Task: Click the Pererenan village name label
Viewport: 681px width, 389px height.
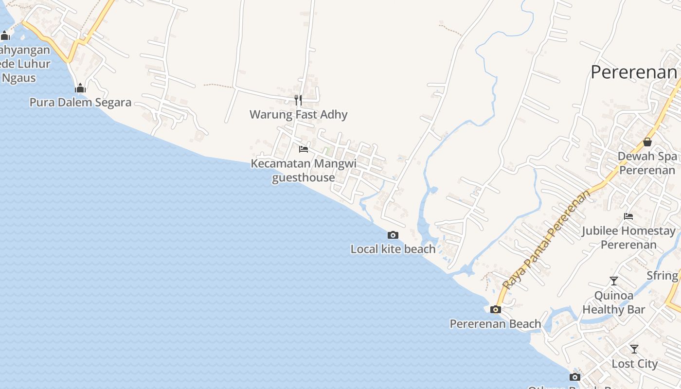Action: [x=633, y=72]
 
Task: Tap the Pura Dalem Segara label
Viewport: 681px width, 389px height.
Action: [x=80, y=103]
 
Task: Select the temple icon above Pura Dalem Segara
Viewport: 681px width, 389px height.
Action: [x=80, y=88]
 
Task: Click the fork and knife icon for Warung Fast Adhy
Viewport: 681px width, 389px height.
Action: [x=298, y=100]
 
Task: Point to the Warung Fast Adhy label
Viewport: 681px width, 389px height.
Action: [x=298, y=115]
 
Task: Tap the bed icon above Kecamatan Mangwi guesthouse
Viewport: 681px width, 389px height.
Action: [x=304, y=149]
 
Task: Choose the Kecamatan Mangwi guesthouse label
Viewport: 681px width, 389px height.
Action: [x=304, y=170]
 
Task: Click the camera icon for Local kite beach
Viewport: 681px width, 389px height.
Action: [x=393, y=235]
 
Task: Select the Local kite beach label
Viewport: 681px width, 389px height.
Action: [x=393, y=249]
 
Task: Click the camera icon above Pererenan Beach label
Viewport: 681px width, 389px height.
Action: [x=495, y=309]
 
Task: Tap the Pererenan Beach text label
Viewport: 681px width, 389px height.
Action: [x=495, y=324]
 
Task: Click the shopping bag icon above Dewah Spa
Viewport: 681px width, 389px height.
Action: [x=647, y=142]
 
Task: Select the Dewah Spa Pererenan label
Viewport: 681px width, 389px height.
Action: [x=647, y=163]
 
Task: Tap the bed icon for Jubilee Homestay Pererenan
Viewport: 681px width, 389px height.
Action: [x=628, y=216]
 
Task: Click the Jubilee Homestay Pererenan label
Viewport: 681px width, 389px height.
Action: [x=628, y=237]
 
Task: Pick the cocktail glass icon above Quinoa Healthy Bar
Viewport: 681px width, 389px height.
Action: [x=614, y=281]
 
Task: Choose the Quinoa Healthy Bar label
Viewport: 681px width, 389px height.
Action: [x=614, y=302]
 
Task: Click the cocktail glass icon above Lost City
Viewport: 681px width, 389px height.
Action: [x=634, y=349]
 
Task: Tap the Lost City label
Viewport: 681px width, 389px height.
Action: [x=634, y=364]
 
